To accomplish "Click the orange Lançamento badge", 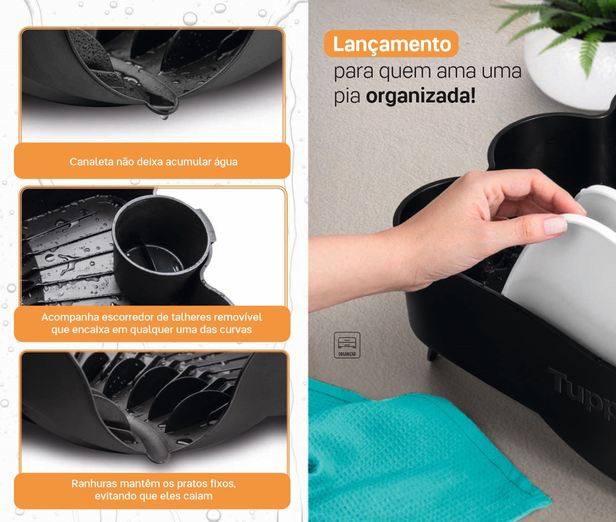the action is (x=391, y=43).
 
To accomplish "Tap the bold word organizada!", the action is (x=421, y=96).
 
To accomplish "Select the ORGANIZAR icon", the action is (x=347, y=345).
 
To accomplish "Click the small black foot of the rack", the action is (x=432, y=354).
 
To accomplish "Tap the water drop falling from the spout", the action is (x=164, y=116).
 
